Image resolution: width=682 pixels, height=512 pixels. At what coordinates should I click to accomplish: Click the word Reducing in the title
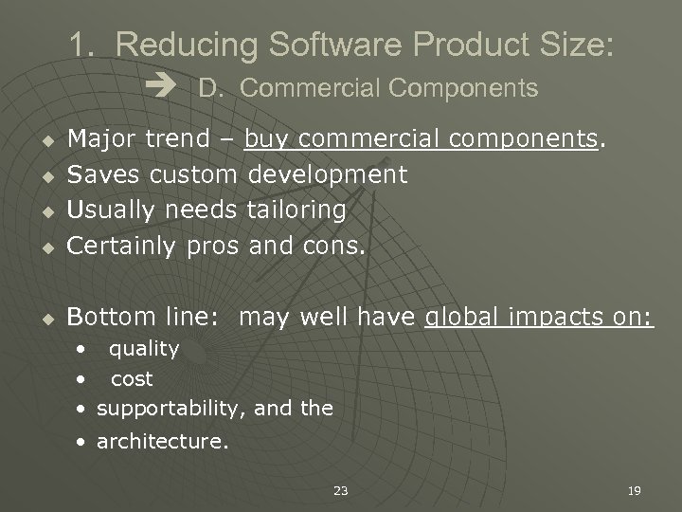[x=184, y=45]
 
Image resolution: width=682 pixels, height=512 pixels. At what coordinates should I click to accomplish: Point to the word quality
[x=144, y=349]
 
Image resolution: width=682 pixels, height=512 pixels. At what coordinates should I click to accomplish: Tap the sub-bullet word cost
[x=132, y=379]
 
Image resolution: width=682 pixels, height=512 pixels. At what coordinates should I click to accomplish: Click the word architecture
[x=161, y=440]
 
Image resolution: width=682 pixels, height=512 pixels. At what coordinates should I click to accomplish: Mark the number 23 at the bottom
[x=341, y=490]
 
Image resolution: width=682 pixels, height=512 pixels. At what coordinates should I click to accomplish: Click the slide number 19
[x=635, y=490]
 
